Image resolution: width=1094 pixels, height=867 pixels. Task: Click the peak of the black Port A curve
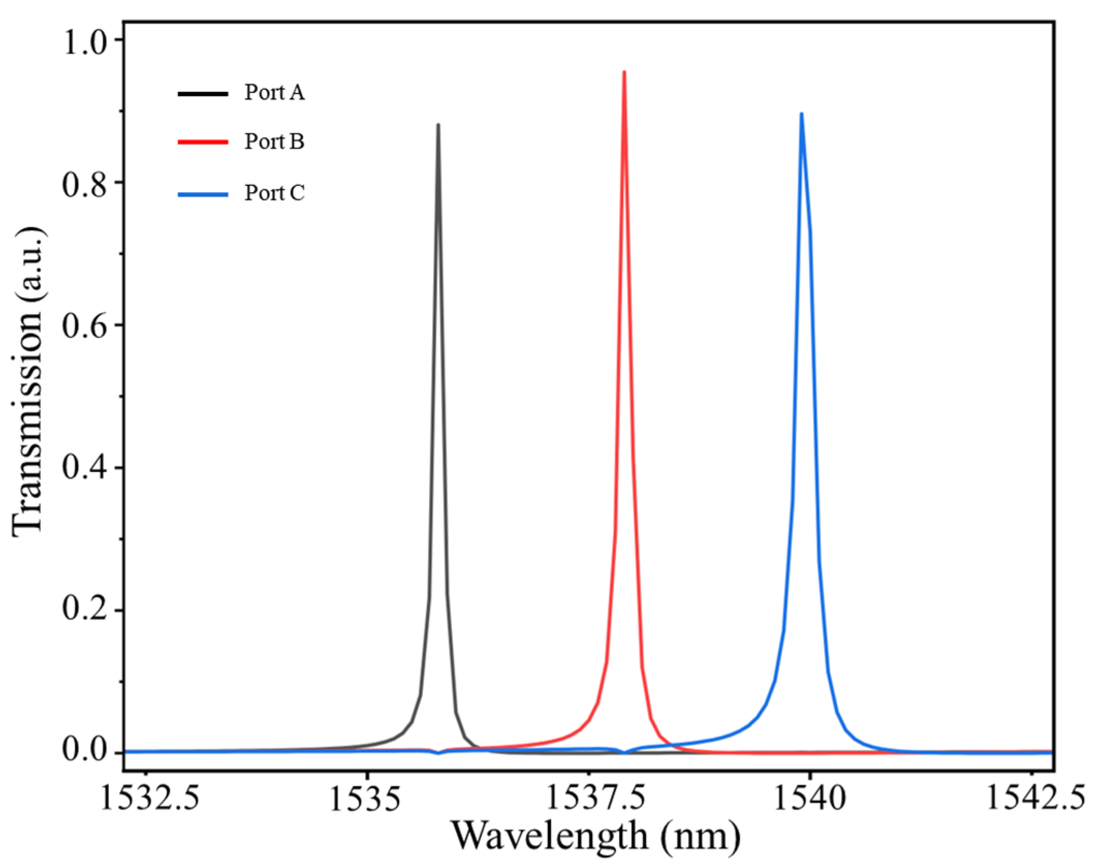(x=438, y=125)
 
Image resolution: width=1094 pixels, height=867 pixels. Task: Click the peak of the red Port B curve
(x=624, y=72)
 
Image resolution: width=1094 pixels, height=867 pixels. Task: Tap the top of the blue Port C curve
(x=801, y=114)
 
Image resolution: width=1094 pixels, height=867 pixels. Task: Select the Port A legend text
(x=274, y=92)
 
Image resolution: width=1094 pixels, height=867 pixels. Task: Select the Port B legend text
(x=274, y=141)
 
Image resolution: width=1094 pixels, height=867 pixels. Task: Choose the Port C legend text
(x=274, y=193)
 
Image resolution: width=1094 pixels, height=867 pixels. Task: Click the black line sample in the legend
(x=203, y=93)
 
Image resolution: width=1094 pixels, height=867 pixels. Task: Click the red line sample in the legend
(x=203, y=141)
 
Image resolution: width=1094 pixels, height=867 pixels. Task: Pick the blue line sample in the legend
(x=203, y=195)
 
